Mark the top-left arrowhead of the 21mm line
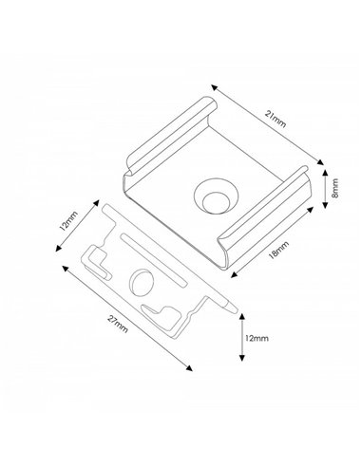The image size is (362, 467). [214, 84]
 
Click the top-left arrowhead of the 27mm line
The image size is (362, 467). [60, 268]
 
